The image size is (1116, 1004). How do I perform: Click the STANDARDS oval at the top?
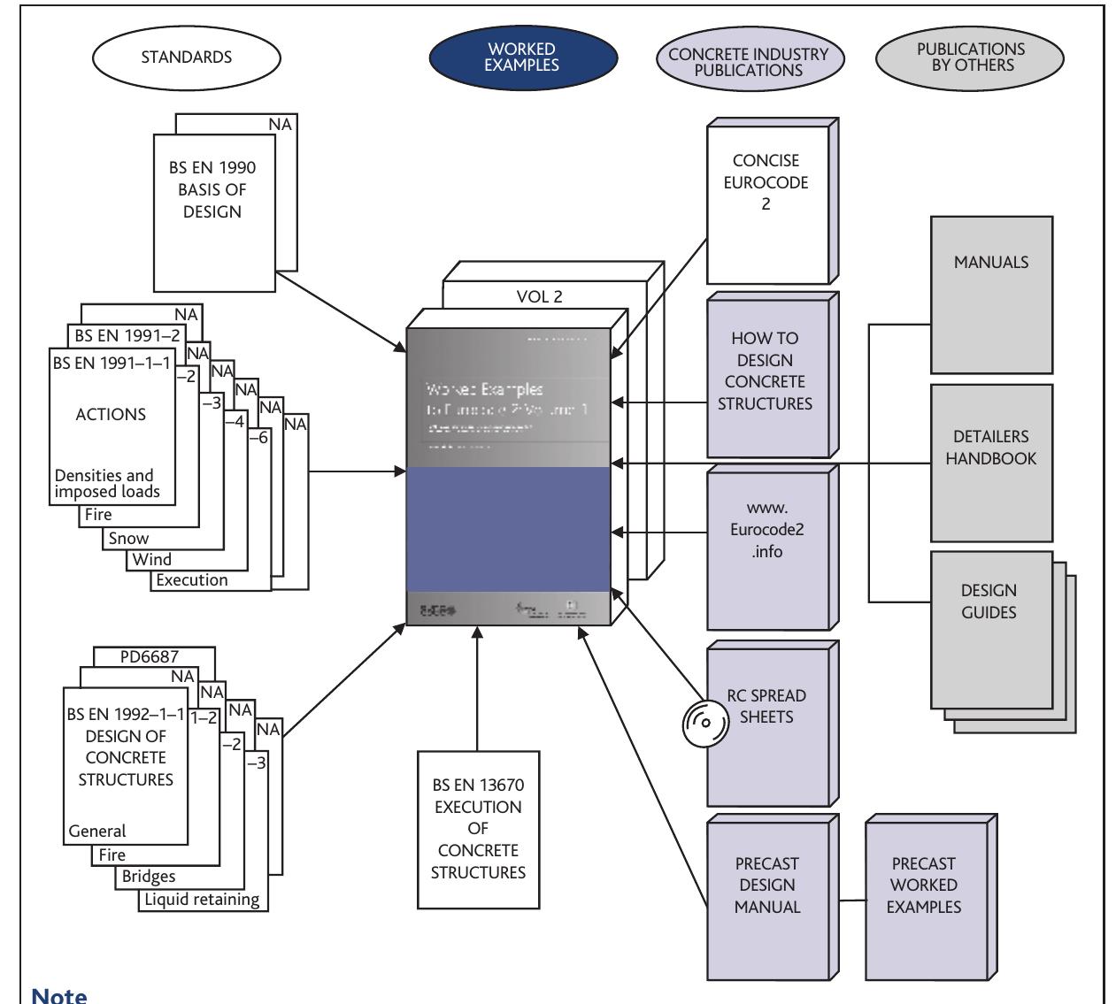coord(187,57)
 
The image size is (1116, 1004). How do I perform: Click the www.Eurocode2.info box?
coord(766,530)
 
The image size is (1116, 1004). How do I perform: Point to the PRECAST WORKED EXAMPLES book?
coord(923,884)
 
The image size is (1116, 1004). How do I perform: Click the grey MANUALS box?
coord(990,263)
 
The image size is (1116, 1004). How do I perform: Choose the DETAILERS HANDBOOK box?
coord(990,448)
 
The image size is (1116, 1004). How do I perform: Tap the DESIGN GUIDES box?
coord(989,601)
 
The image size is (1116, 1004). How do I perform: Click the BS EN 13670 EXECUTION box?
coord(477,830)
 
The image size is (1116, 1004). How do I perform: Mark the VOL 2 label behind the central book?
coord(539,297)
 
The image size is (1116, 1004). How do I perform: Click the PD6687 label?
coord(145,657)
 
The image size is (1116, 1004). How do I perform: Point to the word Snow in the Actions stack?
coord(129,538)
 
